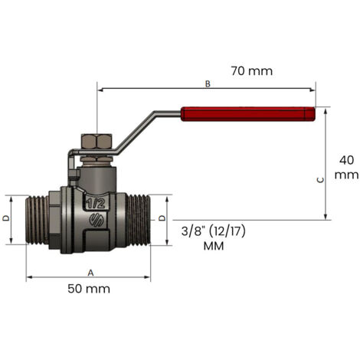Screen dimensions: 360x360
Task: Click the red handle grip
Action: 248,114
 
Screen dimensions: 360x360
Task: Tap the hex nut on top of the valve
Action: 97,141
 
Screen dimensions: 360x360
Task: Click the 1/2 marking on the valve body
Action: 96,203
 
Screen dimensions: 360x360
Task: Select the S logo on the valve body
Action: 97,221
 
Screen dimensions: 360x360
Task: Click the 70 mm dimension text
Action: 252,71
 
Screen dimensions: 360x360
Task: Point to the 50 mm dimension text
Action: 89,289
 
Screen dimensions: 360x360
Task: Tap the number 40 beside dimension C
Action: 346,160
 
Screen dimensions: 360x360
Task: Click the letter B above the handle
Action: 208,83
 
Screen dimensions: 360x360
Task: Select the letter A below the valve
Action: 90,273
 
